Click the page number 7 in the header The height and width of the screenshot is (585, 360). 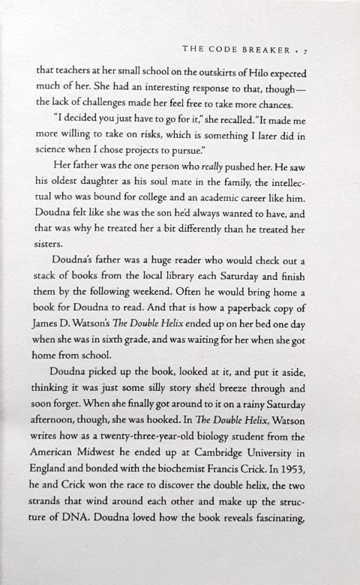(318, 49)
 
